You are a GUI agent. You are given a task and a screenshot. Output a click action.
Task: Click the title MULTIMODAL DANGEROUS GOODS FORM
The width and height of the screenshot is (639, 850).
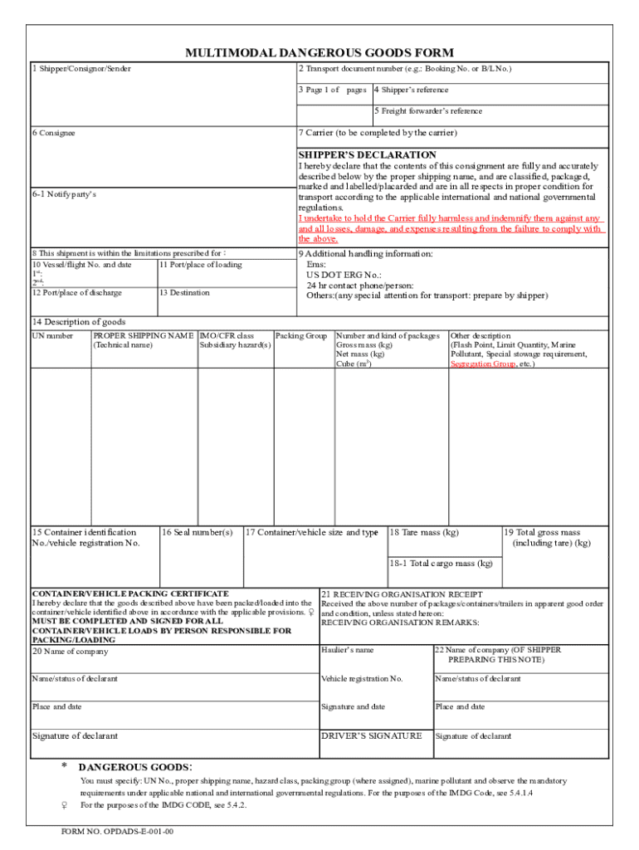[319, 52]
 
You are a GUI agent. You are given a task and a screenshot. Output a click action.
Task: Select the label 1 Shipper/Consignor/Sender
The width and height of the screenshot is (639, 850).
[81, 68]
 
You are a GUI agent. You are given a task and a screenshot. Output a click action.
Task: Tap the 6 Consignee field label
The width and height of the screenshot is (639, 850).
[53, 134]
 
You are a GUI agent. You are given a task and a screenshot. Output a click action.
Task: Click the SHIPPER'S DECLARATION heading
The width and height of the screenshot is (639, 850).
[367, 154]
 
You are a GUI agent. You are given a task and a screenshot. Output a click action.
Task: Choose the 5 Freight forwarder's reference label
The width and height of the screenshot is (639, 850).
[427, 110]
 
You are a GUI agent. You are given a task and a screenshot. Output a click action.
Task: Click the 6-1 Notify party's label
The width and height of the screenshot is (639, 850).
[64, 194]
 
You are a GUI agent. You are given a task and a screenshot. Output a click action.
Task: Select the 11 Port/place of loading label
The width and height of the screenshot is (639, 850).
[200, 265]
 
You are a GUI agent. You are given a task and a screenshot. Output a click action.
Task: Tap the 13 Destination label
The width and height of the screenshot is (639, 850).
[184, 293]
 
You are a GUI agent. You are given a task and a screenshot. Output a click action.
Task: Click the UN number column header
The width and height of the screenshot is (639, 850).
[52, 336]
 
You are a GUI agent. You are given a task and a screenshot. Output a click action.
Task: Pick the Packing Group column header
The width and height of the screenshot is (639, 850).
[300, 336]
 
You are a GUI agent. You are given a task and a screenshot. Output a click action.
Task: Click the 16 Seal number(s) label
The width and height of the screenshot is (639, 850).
[198, 532]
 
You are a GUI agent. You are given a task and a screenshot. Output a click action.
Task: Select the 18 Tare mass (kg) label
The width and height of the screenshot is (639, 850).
[423, 532]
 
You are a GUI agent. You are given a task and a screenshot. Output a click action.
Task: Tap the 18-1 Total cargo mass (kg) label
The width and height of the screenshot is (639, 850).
[441, 563]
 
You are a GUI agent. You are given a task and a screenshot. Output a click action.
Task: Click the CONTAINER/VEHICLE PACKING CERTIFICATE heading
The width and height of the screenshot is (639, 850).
[129, 594]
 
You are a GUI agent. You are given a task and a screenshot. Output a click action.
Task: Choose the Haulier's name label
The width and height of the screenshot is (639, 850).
[347, 650]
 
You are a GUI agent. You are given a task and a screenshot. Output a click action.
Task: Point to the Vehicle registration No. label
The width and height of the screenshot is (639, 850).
[362, 679]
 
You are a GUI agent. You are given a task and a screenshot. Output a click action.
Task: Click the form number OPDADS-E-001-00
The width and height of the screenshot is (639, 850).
[117, 831]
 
